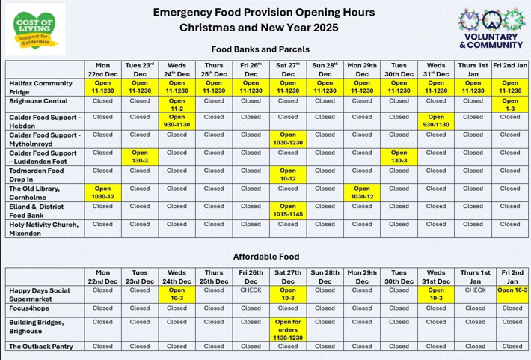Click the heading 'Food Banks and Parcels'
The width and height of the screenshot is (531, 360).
coord(265,49)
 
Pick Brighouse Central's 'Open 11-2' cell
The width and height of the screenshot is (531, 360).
coord(177,104)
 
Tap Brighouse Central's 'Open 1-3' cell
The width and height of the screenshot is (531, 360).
coord(511,104)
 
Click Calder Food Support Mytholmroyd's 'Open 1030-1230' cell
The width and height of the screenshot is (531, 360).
coord(288,139)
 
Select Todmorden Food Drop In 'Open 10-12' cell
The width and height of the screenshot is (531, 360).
coord(288,174)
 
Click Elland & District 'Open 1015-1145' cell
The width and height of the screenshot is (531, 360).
coord(288,210)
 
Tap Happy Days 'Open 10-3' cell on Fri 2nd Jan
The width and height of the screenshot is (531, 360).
coord(512,290)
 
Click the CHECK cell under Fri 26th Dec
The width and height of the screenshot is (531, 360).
coord(251,290)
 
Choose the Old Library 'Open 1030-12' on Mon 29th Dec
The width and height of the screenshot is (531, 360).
coord(362,192)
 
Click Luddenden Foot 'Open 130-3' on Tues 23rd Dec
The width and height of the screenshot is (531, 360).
coord(140,157)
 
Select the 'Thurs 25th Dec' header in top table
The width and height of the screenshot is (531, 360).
coord(214,69)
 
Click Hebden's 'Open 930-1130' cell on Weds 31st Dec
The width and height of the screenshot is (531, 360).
coord(436,121)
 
